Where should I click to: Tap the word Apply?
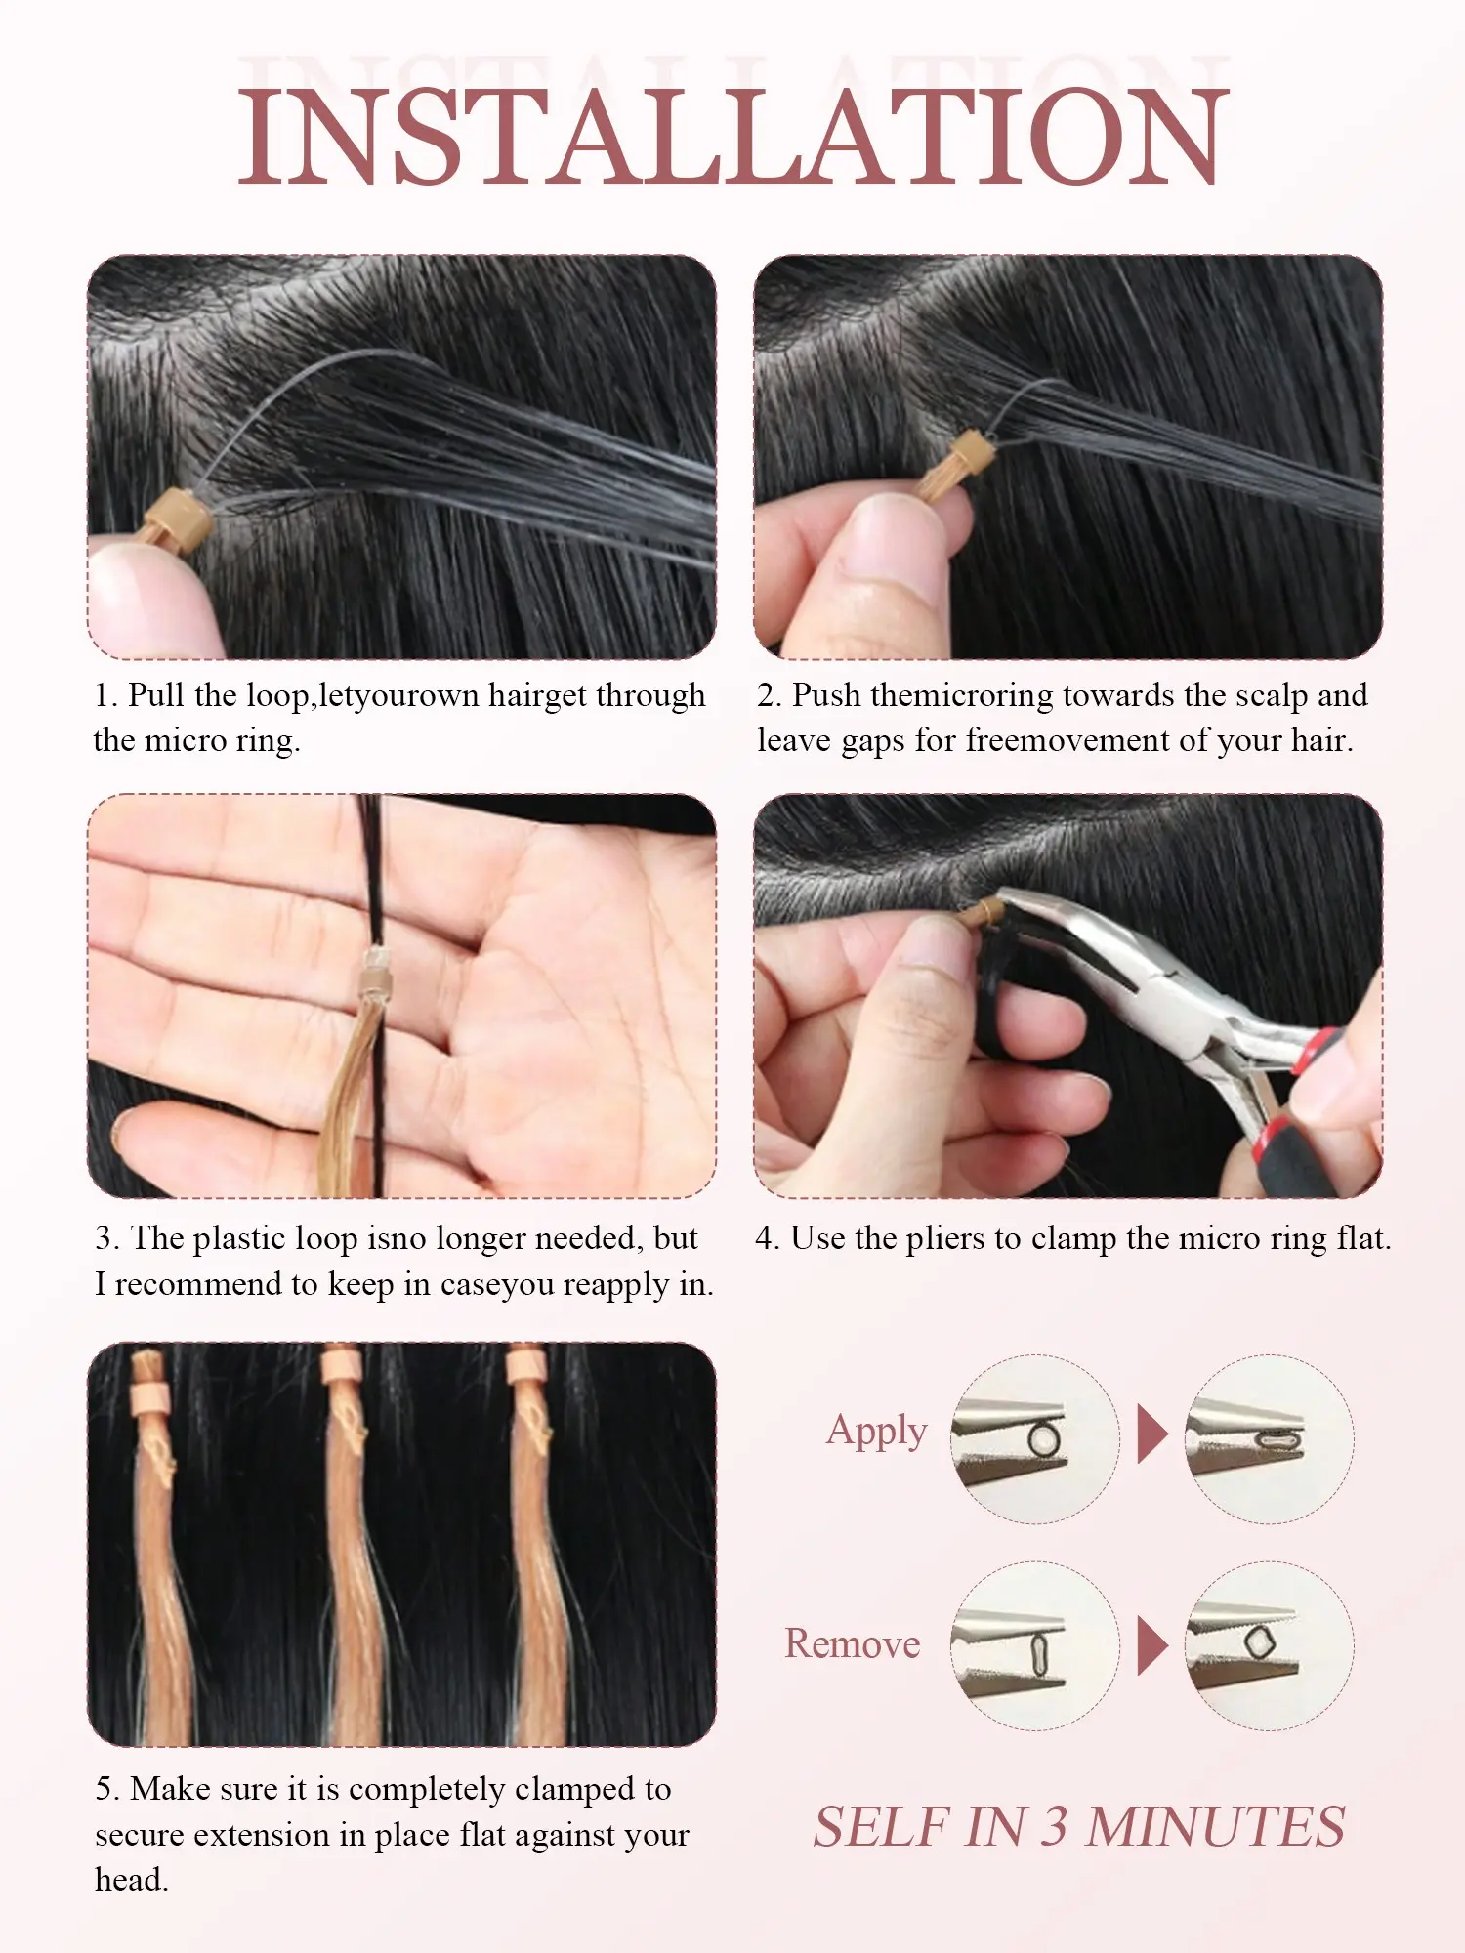tap(876, 1432)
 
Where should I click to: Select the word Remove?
tap(853, 1644)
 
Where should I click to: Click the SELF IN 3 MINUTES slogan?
tap(1079, 1827)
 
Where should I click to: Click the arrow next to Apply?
tap(1152, 1434)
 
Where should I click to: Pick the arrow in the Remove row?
tap(1152, 1646)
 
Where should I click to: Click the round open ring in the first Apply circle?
tap(1042, 1439)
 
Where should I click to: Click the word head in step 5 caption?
tap(132, 1879)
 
